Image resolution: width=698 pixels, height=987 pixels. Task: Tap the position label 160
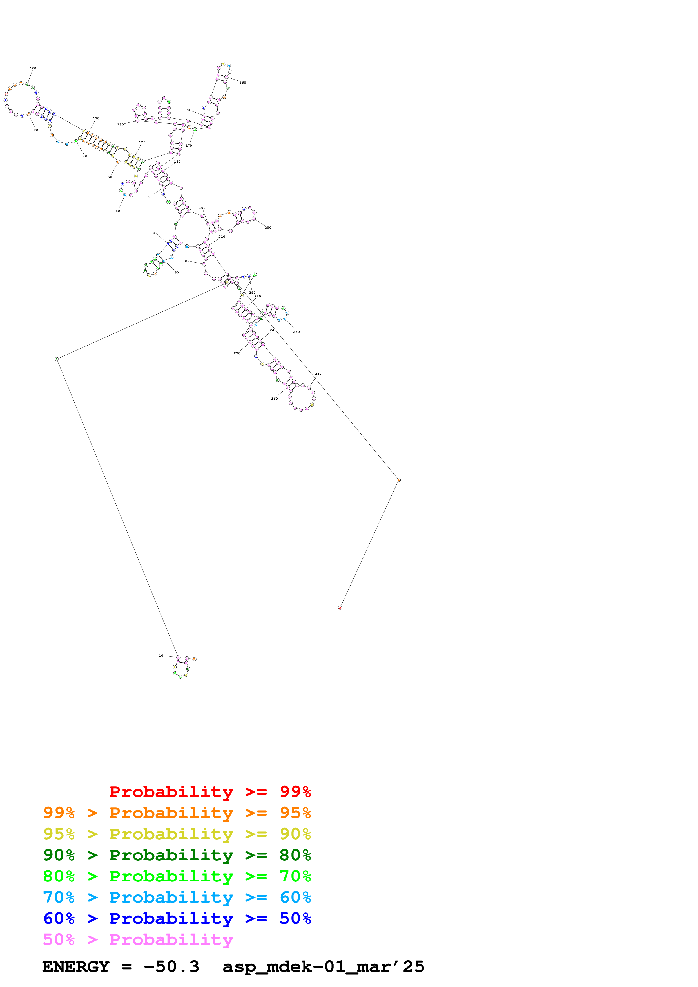tap(242, 82)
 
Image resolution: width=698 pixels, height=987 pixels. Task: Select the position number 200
tap(268, 228)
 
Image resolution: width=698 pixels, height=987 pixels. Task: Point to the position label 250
tap(318, 374)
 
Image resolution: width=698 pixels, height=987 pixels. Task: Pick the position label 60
tap(117, 211)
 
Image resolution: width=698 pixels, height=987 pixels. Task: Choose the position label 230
tap(296, 332)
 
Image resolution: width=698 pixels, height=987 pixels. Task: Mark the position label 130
tap(121, 125)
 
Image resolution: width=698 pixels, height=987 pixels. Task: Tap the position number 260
tap(274, 398)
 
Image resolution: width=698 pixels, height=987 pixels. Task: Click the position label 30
tap(176, 273)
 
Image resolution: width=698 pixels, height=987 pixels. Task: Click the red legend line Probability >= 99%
tap(210, 792)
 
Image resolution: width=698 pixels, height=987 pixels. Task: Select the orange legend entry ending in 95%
tap(177, 813)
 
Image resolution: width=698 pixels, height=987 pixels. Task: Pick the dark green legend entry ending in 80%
tap(177, 855)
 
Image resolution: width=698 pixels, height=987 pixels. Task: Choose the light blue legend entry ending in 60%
tap(177, 897)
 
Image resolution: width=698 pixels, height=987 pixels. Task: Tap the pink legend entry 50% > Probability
tap(138, 939)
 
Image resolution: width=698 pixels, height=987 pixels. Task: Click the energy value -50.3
tap(171, 967)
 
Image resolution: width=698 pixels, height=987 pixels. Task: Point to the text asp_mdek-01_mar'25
tap(324, 967)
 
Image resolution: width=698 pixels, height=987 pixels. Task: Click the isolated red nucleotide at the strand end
tap(340, 608)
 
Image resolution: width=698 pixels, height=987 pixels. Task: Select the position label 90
tap(36, 130)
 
